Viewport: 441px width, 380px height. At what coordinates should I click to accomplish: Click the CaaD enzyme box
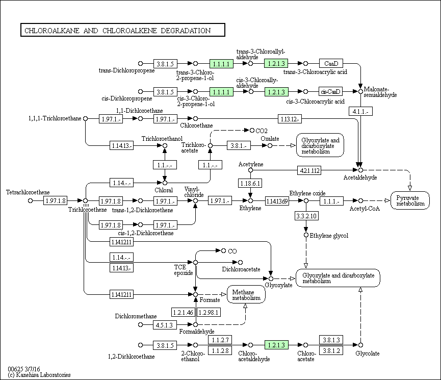[331, 63]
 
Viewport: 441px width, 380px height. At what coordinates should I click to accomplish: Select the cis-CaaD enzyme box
[330, 91]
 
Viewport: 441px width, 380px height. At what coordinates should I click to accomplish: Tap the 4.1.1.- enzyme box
[360, 112]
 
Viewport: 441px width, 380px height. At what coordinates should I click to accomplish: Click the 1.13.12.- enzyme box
[290, 119]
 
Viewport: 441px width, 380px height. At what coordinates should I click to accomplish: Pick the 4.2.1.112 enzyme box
[309, 170]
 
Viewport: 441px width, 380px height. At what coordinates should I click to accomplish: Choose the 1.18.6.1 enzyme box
[250, 183]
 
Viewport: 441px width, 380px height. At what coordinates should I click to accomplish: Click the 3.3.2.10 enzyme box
[306, 216]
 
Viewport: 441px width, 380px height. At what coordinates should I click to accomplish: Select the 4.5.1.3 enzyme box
[165, 325]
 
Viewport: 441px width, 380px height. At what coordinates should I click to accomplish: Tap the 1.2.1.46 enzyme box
[183, 312]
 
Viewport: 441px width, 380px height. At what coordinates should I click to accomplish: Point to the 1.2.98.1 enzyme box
[209, 312]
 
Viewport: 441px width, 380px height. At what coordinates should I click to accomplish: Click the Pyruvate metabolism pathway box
[410, 200]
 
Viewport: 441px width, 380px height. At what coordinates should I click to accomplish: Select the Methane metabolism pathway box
[246, 294]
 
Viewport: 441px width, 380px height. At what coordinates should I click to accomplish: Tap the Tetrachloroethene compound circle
[31, 200]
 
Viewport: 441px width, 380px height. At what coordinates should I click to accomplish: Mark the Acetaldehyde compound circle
[360, 170]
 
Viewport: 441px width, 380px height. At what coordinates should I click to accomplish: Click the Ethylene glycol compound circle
[306, 235]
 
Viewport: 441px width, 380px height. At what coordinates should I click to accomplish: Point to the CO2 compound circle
[252, 131]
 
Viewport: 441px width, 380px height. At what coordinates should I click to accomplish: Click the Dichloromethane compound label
[136, 316]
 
